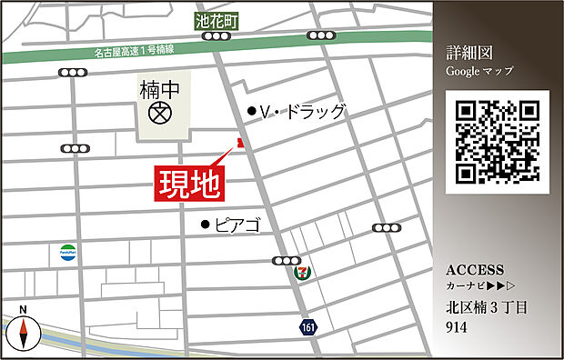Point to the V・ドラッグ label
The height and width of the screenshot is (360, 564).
303,112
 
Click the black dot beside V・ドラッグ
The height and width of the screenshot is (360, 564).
251,111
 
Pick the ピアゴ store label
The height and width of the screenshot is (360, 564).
237,224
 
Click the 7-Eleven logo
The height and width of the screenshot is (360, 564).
301,271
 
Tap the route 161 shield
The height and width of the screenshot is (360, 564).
310,325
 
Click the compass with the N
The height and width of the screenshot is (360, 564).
23,333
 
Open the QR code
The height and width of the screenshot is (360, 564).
498,142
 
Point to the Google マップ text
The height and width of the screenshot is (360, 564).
479,71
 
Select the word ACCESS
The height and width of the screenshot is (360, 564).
475,270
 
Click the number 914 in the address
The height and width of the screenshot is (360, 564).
458,326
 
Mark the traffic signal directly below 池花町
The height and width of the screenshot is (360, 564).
216,36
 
